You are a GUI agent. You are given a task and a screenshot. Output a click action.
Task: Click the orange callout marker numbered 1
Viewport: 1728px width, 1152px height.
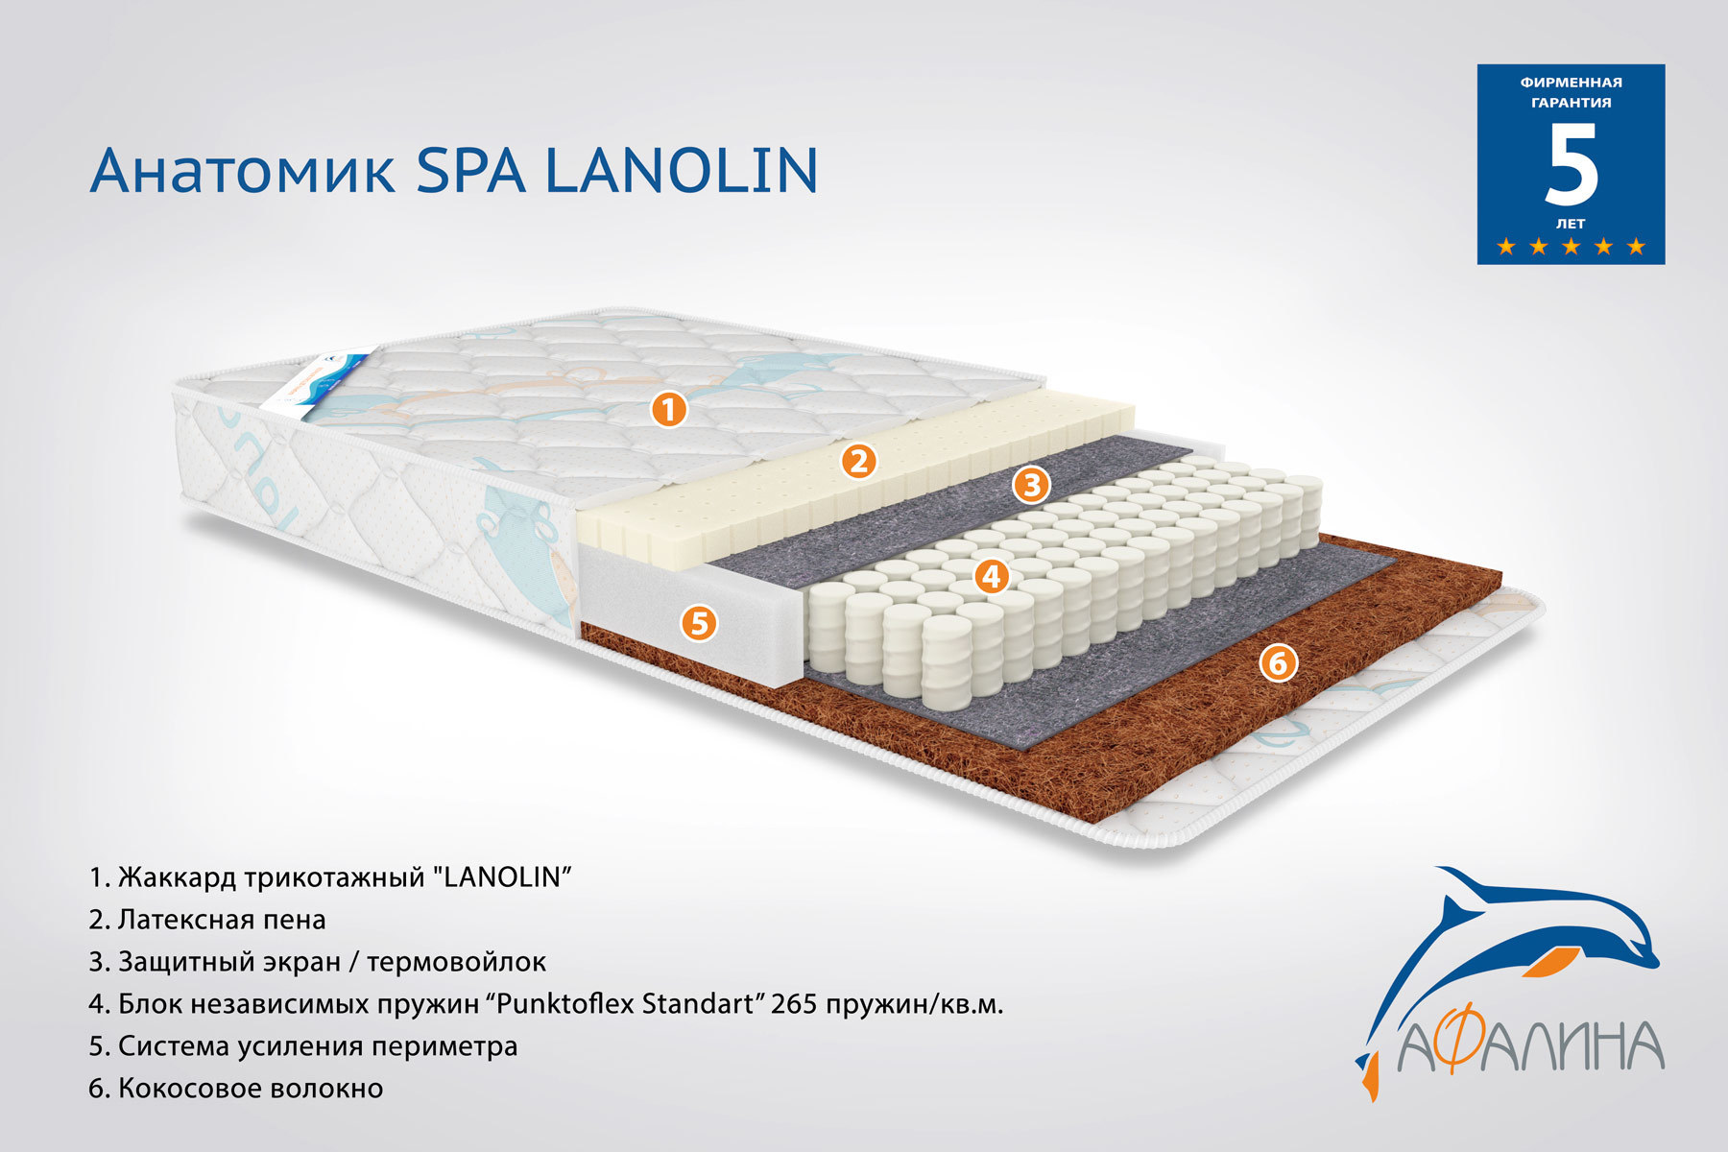[x=669, y=410]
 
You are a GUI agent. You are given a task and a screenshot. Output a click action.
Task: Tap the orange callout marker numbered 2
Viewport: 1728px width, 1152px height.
[x=858, y=462]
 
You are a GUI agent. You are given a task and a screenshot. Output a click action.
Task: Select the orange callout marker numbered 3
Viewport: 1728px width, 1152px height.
[x=1031, y=485]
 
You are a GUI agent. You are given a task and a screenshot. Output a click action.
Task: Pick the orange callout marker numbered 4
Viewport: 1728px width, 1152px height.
[x=992, y=576]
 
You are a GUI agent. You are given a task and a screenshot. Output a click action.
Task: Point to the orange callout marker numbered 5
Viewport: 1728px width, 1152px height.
[x=699, y=623]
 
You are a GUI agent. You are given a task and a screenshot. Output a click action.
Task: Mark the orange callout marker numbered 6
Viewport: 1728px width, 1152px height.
[x=1278, y=662]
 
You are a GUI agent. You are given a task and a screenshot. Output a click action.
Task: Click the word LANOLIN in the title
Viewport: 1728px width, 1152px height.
[x=682, y=171]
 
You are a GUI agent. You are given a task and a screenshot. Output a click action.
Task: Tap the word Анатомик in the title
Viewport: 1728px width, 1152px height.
[x=242, y=171]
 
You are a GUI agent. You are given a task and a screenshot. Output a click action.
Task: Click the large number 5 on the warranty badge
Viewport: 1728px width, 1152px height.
[x=1572, y=165]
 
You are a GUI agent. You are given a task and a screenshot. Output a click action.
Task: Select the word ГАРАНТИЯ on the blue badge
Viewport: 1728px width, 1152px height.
[x=1572, y=103]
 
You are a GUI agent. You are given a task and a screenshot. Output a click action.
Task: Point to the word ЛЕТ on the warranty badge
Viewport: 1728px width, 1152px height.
[x=1572, y=224]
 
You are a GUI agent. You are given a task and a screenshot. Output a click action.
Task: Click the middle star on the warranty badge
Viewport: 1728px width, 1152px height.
[x=1572, y=247]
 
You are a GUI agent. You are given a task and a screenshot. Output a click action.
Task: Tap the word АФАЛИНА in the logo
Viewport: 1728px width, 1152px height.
[x=1530, y=1046]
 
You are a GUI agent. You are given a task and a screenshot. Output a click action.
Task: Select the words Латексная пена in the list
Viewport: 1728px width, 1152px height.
[x=222, y=920]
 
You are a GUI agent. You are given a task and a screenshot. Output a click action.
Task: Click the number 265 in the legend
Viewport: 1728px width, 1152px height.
[x=794, y=1004]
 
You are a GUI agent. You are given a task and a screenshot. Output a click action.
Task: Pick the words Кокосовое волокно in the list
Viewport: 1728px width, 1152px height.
[x=251, y=1089]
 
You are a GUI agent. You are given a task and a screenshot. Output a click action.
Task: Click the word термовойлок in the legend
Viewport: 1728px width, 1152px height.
[x=457, y=962]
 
